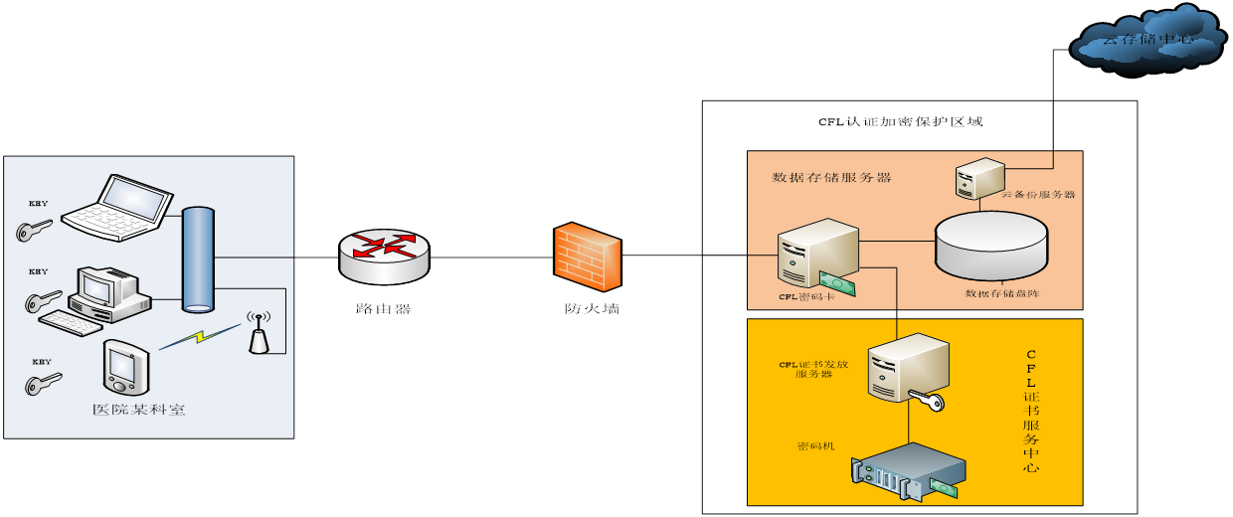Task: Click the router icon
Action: [384, 256]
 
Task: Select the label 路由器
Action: [383, 308]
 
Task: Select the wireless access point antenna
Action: [259, 335]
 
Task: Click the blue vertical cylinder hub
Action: [198, 258]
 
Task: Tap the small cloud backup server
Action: [971, 178]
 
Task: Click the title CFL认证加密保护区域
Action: [900, 122]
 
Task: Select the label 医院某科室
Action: [138, 410]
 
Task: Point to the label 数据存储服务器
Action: [831, 178]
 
